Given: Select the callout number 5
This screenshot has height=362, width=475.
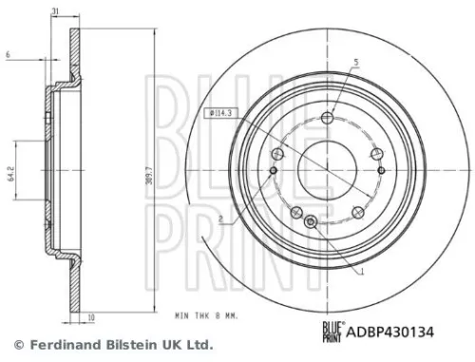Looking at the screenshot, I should (355, 64).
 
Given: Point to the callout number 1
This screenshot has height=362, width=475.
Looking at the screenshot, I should (362, 271).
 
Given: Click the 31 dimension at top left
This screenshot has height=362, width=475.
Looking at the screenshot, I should (57, 10).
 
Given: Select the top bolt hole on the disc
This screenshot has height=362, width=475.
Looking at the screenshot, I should (327, 118).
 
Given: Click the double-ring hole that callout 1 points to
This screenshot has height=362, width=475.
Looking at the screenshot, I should (313, 223).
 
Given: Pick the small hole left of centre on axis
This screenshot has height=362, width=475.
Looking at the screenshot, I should (274, 170).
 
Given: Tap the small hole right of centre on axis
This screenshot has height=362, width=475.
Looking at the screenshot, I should (382, 170).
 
